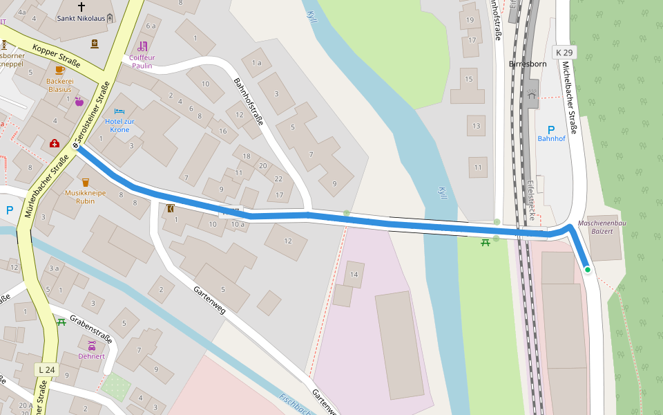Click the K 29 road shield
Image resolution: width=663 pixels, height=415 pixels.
pos(564,53)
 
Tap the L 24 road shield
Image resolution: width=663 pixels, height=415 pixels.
pos(46,370)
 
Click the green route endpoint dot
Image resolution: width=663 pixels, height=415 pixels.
pos(587,270)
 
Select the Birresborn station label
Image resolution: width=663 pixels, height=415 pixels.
pos(528,64)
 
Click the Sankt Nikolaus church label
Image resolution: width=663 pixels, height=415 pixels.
pos(81,19)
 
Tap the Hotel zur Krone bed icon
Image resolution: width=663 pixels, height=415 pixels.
pos(119,111)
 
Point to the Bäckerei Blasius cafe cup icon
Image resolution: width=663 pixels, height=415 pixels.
pos(59,70)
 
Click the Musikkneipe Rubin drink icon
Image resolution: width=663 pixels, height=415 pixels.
pos(86,182)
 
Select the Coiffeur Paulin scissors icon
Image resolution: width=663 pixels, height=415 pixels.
pos(143,46)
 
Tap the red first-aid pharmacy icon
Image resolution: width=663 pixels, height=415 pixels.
pos(55,144)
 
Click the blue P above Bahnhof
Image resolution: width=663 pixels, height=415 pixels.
pos(551,129)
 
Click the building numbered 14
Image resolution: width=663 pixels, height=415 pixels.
pos(354,275)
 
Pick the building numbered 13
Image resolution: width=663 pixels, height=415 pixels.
pos(476,126)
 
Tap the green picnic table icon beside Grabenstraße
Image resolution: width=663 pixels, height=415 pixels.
pos(61,322)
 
